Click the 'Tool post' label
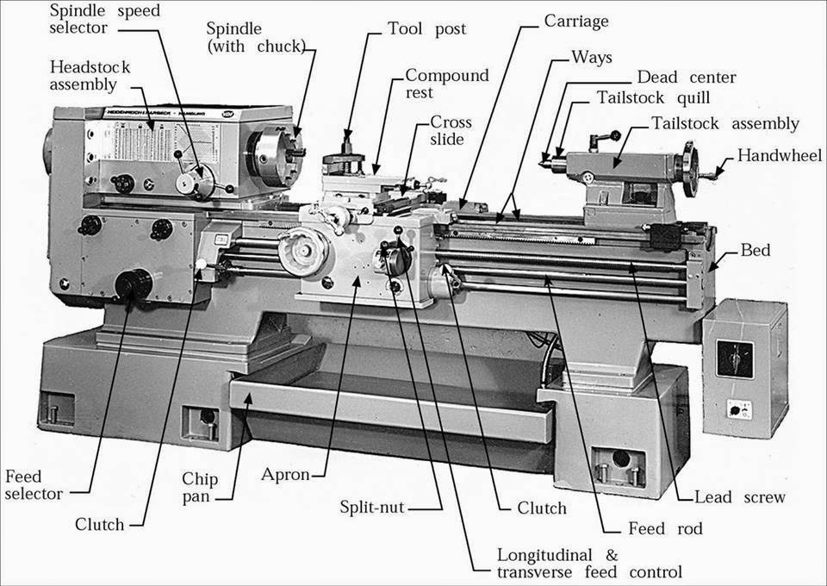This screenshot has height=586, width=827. [x=426, y=29]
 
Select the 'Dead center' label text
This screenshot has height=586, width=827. [x=687, y=77]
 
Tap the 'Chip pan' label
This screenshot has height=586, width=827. [x=200, y=488]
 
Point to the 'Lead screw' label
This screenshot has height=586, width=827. [x=740, y=497]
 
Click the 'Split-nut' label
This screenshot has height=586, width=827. [x=372, y=507]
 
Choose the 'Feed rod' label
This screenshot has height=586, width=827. [x=665, y=528]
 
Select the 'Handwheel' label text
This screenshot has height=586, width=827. [x=780, y=155]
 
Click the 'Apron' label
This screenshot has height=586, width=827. [x=285, y=475]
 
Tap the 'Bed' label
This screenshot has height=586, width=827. [x=755, y=250]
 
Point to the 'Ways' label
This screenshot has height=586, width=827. [x=592, y=57]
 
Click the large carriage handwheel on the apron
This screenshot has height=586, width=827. [x=302, y=252]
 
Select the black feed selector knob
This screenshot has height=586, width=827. [x=134, y=284]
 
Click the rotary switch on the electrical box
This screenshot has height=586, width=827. [x=735, y=359]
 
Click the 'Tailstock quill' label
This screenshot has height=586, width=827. [x=653, y=98]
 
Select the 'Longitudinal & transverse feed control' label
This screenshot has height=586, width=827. [x=589, y=564]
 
